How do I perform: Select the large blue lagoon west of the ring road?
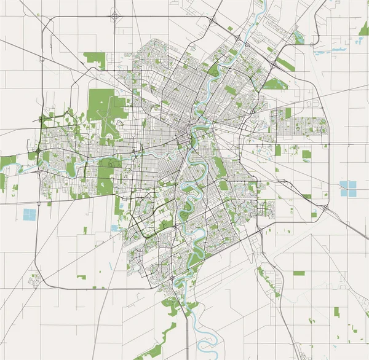tap(29, 215)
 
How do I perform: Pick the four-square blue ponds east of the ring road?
tap(348, 189)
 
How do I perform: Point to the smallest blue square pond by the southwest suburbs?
tap(114, 228)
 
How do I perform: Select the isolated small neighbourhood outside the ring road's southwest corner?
tap(36, 280)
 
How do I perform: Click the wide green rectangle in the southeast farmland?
tap(299, 272)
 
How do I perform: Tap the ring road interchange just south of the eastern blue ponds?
tap(325, 209)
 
